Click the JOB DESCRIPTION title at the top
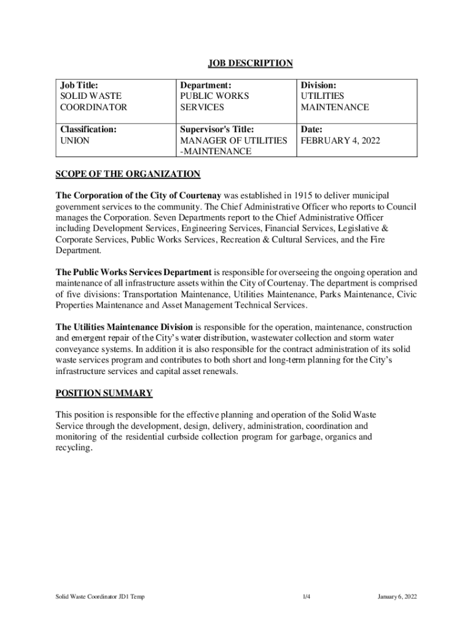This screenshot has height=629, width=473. click(x=249, y=63)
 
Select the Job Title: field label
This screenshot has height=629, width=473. click(x=79, y=85)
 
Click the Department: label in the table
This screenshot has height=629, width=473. click(x=205, y=85)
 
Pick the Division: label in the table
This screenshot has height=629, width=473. click(x=318, y=85)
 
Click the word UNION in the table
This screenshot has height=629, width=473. click(x=74, y=141)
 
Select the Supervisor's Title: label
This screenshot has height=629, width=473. click(x=217, y=130)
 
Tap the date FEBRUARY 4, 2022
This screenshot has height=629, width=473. click(x=340, y=141)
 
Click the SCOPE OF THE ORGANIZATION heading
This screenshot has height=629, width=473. click(x=128, y=174)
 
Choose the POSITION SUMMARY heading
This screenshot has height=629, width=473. click(x=104, y=393)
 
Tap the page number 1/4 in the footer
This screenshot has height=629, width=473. click(x=306, y=596)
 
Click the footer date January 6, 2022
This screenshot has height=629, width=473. click(x=397, y=596)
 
